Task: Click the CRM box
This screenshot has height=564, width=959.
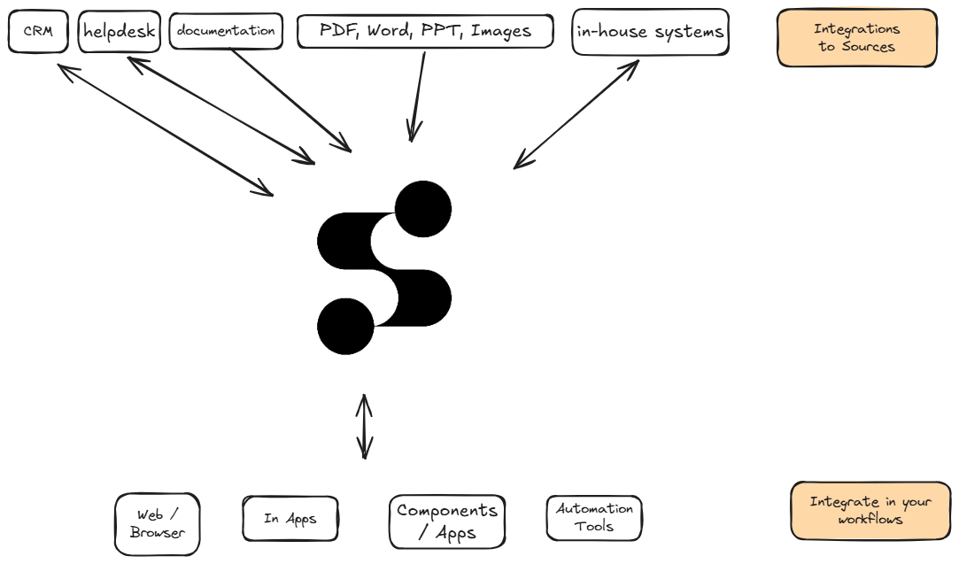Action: click(x=37, y=32)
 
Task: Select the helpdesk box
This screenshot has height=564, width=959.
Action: click(x=119, y=32)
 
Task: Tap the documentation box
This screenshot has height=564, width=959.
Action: click(x=226, y=31)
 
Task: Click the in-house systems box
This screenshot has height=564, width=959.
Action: click(x=650, y=33)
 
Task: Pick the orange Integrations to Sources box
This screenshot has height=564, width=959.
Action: click(x=856, y=38)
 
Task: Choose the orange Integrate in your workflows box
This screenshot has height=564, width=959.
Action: click(x=870, y=511)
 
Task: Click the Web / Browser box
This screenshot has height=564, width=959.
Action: click(x=157, y=524)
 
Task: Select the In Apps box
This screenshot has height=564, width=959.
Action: click(x=290, y=519)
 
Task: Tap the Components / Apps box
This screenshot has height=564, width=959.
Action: click(x=447, y=522)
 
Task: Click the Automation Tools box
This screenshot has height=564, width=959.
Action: click(x=594, y=517)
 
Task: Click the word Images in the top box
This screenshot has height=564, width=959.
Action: click(x=500, y=31)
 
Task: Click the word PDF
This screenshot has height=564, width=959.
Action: click(x=337, y=31)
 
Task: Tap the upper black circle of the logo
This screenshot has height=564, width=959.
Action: click(x=422, y=210)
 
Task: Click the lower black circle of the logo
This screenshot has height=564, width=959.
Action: click(x=345, y=326)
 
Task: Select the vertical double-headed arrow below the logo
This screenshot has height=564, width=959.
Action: click(x=364, y=427)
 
